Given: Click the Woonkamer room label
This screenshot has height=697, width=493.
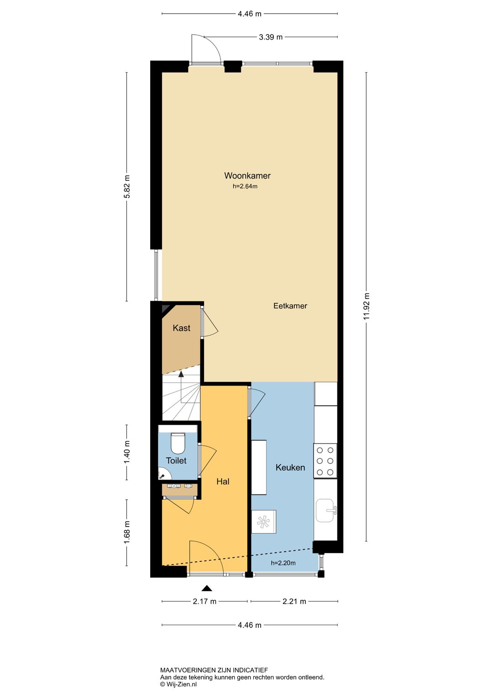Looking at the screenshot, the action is [247, 175].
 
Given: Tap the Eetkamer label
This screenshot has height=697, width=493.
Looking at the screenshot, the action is [290, 306].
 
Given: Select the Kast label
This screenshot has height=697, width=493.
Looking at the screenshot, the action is [181, 328].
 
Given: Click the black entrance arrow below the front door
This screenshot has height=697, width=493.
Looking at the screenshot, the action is [207, 588].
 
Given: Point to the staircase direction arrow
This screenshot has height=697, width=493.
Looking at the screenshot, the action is [181, 387].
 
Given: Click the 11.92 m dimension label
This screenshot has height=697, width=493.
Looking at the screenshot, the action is [367, 306].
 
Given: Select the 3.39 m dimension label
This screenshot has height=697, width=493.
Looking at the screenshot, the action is [271, 37].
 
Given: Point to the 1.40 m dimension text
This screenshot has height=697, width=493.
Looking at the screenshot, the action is [126, 452].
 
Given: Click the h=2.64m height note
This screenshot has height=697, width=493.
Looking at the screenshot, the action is [245, 187].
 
